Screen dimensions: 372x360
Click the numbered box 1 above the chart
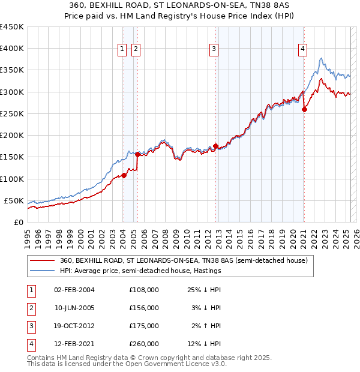point(122,49)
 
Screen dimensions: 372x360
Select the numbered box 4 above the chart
point(303,49)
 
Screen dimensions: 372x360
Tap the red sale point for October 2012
point(215,146)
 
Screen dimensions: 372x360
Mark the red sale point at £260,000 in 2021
point(304,109)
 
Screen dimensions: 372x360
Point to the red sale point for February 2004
point(124,175)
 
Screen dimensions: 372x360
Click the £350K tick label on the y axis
point(12,70)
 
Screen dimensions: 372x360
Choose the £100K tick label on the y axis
point(12,179)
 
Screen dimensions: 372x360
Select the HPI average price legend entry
point(140,271)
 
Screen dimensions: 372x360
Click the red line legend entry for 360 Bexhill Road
point(184,261)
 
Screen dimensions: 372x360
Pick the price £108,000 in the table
point(144,290)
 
